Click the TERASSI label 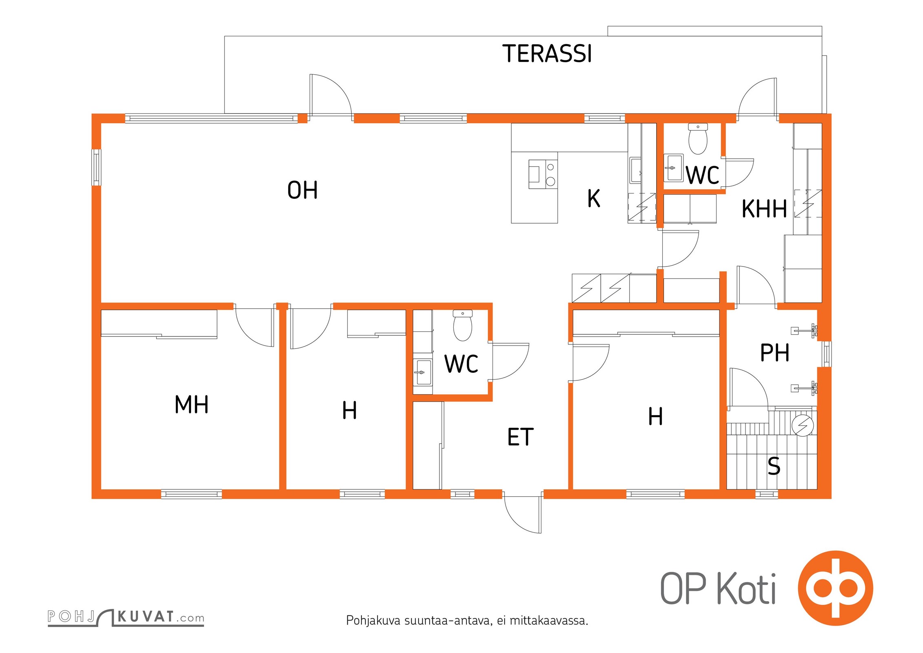tap(547, 53)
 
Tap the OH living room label tap(302, 190)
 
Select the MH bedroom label tap(191, 404)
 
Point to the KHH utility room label tap(764, 209)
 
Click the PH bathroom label tap(774, 353)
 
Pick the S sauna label tap(774, 466)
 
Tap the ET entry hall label tap(520, 437)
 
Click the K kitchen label tap(594, 199)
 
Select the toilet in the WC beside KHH tap(698, 139)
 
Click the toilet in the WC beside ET tap(463, 325)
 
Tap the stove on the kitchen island tap(543, 174)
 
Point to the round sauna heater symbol tap(802, 425)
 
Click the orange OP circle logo tap(835, 588)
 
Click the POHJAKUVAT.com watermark tap(126, 617)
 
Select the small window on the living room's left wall tap(96, 168)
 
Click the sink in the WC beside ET tap(422, 372)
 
